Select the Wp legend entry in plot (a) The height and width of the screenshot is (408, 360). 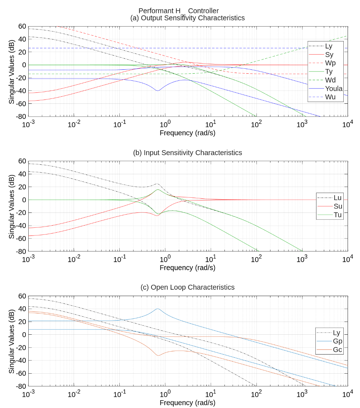tap(330, 63)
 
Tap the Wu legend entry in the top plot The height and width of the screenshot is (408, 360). tap(330, 97)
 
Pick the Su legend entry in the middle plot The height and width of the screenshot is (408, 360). tap(338, 206)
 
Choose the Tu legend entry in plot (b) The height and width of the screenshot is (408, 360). tap(338, 215)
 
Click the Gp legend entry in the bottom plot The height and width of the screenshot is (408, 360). tap(337, 341)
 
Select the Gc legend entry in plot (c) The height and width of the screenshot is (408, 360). tap(337, 350)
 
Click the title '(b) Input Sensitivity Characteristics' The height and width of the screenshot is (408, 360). tap(188, 153)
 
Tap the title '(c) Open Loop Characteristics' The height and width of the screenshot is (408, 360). tap(188, 287)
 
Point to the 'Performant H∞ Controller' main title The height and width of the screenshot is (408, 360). tap(178, 11)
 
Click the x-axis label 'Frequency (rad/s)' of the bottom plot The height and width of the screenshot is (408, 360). tap(188, 403)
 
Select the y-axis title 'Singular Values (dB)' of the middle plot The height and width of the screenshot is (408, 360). tap(12, 206)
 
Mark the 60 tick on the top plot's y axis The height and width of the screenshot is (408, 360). tap(22, 26)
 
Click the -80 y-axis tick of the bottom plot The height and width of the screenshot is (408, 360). tap(21, 386)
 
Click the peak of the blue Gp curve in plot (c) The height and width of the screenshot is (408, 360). tap(158, 308)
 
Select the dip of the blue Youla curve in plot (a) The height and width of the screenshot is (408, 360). tap(158, 91)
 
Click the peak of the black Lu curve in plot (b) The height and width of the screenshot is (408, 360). tap(158, 184)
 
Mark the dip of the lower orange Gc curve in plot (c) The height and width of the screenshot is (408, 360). tap(158, 355)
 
